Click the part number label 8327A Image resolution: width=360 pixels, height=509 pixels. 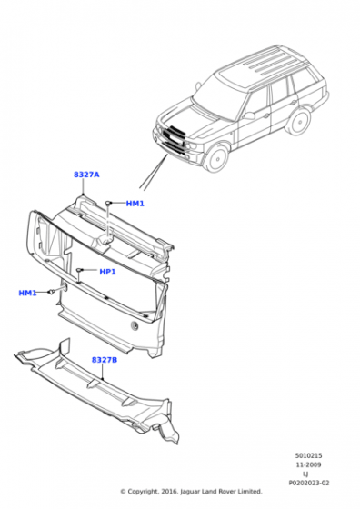(x=87, y=174)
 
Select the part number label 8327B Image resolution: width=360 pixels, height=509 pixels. (x=104, y=360)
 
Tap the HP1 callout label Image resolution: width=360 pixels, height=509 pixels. (x=107, y=272)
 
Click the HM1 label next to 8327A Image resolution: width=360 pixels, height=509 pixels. (x=135, y=204)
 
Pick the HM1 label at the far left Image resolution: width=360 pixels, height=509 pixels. (x=27, y=294)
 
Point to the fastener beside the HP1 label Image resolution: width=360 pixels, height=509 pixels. (x=81, y=271)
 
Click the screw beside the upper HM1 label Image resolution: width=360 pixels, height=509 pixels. (x=108, y=202)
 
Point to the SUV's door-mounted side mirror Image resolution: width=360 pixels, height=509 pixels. (x=247, y=115)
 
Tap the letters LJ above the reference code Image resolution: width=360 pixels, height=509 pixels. (x=305, y=474)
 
